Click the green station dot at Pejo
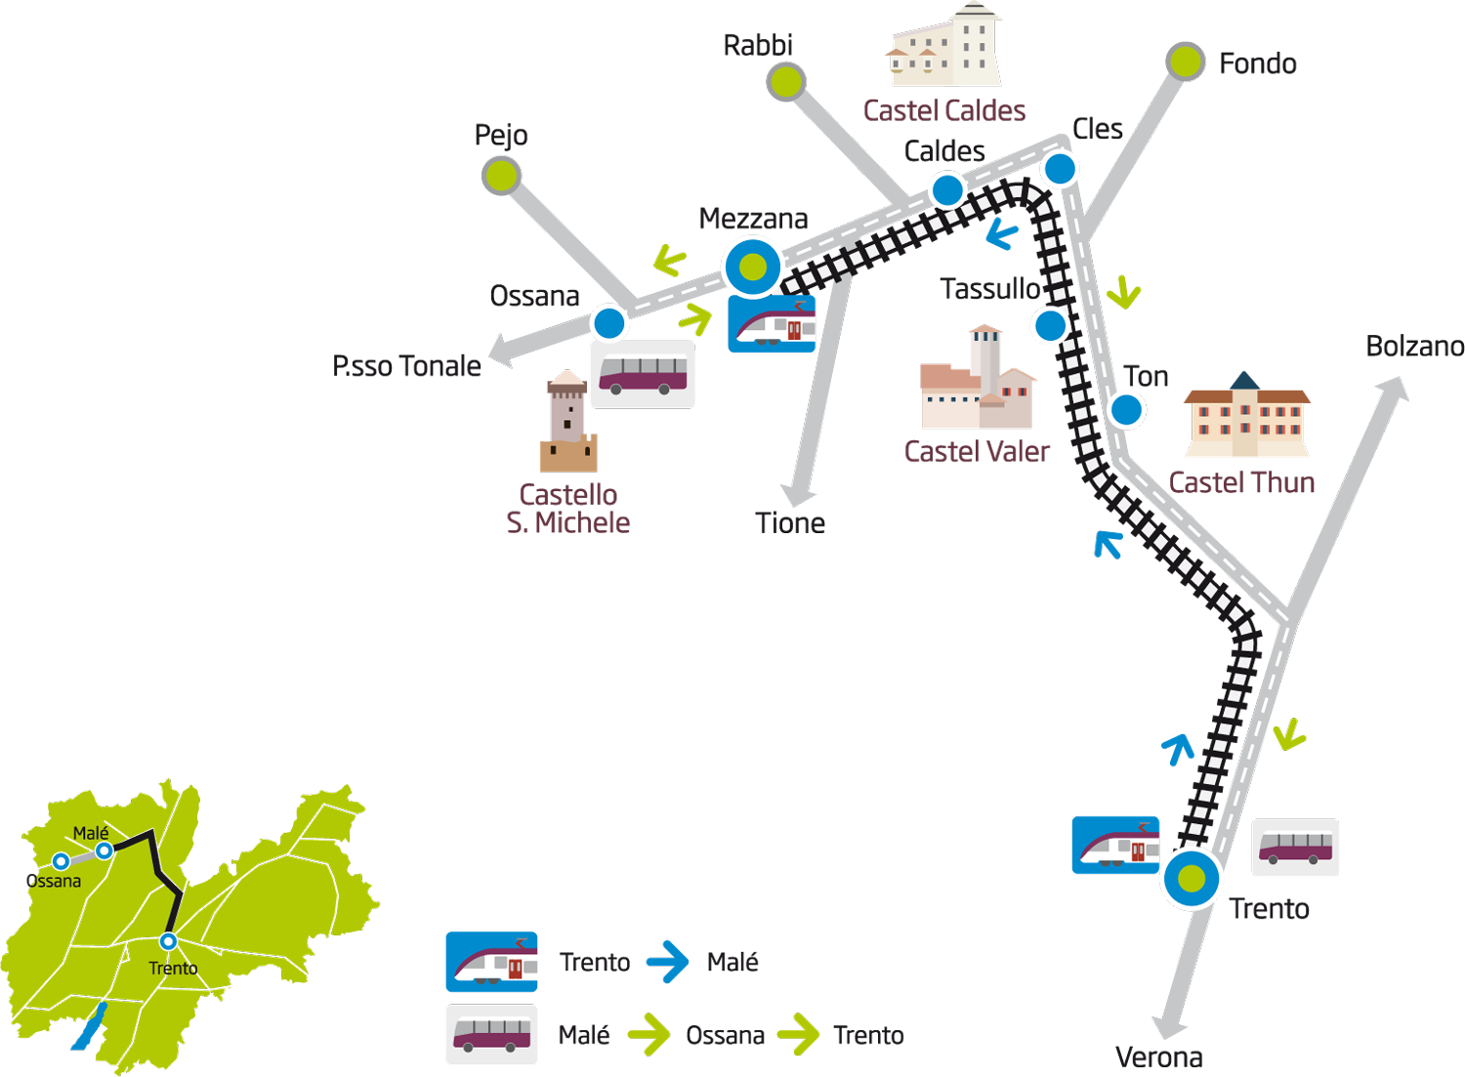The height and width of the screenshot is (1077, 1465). [501, 176]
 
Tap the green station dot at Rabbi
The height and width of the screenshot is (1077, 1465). [785, 82]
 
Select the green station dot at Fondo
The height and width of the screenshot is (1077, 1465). [1185, 62]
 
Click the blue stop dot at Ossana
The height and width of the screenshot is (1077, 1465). [608, 323]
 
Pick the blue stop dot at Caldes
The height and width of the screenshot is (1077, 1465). [947, 190]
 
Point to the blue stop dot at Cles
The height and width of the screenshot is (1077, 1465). [1060, 169]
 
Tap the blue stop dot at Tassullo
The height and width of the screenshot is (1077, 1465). [1050, 325]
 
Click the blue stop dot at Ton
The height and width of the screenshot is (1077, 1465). [1126, 410]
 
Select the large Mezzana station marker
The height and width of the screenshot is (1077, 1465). [753, 267]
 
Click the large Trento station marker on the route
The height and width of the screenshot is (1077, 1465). [1191, 879]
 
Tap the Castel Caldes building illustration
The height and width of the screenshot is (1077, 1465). [944, 45]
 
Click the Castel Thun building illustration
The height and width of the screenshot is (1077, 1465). [1246, 414]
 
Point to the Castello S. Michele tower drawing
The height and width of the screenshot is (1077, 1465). [567, 421]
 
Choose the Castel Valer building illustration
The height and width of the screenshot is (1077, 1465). [977, 377]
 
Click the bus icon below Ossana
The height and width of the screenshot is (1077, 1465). [643, 374]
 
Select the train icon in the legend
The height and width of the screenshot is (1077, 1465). [492, 962]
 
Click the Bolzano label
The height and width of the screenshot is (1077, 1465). [1414, 347]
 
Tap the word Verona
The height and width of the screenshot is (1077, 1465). [1159, 1057]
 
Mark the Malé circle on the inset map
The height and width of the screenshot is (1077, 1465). [104, 850]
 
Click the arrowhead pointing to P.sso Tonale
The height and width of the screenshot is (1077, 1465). [501, 351]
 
